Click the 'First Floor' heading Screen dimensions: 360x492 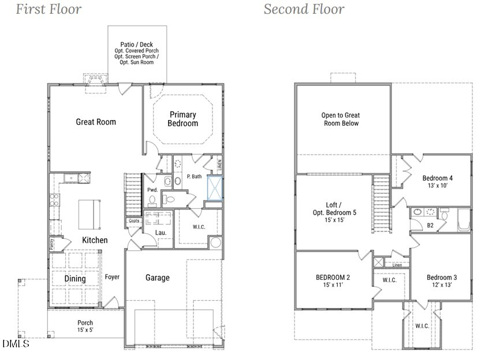[49, 9]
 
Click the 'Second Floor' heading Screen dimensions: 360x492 [304, 9]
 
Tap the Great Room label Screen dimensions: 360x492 [96, 122]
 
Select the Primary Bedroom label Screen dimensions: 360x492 [182, 119]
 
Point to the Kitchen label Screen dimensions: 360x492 [95, 240]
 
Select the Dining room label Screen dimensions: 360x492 [74, 279]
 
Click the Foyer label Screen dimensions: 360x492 [112, 277]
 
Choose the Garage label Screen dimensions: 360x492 [157, 277]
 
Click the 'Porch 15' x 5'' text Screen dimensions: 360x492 [85, 327]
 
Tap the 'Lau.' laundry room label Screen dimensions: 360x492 [161, 233]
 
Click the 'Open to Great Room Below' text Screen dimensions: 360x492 [340, 119]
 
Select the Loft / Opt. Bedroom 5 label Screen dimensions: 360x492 [333, 212]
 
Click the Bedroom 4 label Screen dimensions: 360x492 [437, 181]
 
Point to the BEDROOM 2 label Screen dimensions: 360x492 [333, 281]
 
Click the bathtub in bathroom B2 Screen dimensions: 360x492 [464, 220]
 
